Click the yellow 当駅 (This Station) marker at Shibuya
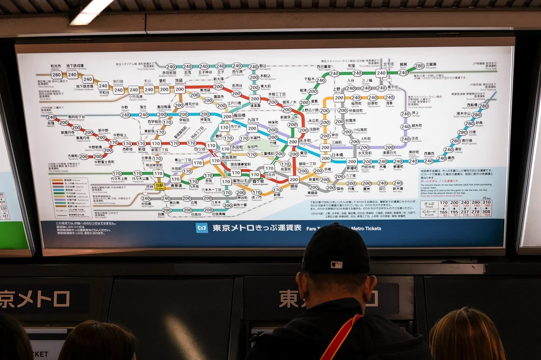(160, 185)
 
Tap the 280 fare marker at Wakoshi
(56, 75)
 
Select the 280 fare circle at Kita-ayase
(419, 66)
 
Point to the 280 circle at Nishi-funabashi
(484, 106)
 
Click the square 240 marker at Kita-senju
(381, 73)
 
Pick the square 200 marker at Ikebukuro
(179, 89)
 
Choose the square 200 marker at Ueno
(339, 98)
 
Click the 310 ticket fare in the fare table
(487, 204)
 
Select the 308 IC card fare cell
(487, 213)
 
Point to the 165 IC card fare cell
(444, 213)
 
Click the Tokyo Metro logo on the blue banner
(202, 228)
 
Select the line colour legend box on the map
(71, 197)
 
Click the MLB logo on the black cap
(337, 265)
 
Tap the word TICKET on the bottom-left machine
(39, 354)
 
